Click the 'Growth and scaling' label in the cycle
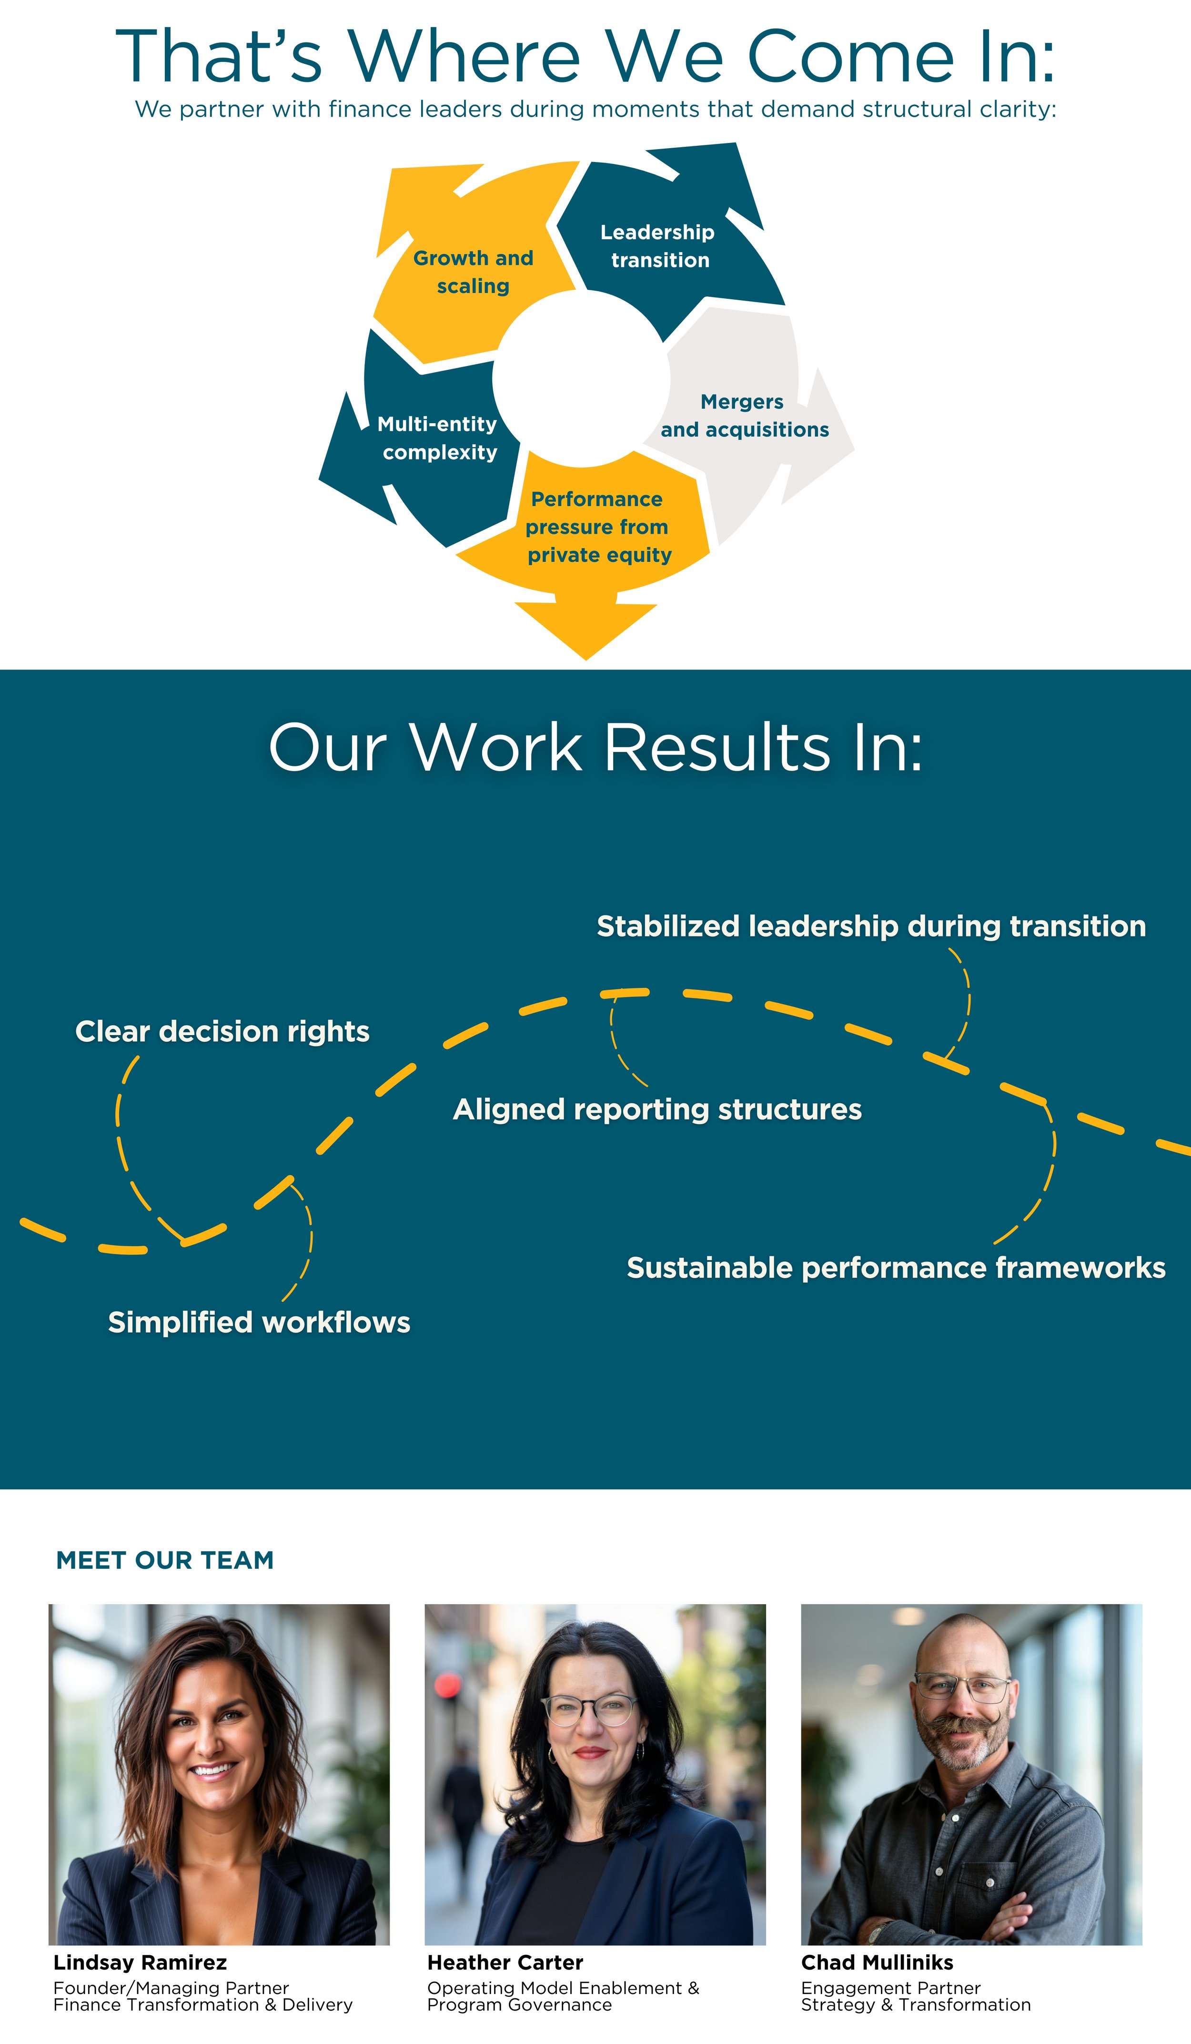474,272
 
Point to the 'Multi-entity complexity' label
438,438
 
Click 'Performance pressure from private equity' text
598,527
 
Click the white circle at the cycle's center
581,379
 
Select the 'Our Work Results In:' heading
595,747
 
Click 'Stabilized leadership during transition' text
871,926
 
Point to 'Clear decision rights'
222,1032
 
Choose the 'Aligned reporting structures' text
656,1109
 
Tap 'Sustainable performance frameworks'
896,1268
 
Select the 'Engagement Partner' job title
890,1988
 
